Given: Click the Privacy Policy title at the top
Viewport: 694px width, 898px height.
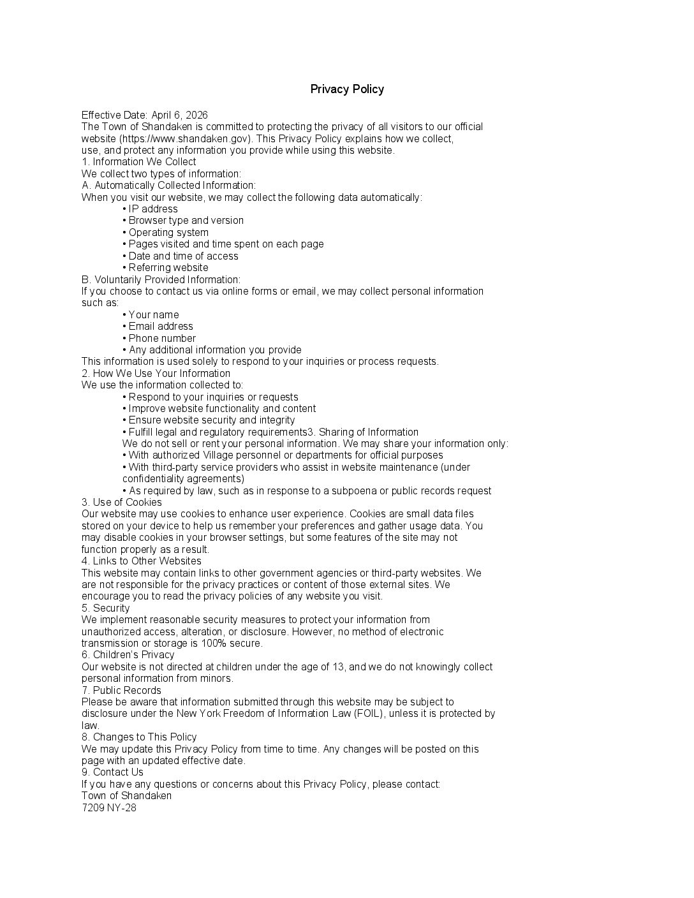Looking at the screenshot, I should tap(347, 89).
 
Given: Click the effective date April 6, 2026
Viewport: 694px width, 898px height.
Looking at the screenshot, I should tap(179, 115).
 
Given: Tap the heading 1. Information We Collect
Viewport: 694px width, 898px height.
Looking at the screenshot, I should tap(138, 162).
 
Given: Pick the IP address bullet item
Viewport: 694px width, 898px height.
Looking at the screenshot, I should tap(153, 209).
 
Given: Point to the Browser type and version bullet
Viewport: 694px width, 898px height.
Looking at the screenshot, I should tap(186, 221).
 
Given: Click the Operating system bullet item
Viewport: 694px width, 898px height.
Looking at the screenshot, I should tap(168, 233).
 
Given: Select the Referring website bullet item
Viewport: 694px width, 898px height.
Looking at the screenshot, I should tap(168, 268).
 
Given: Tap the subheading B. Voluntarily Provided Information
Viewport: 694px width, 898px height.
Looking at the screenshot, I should tap(161, 280).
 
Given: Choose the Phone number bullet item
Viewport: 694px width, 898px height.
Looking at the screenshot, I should tap(162, 339).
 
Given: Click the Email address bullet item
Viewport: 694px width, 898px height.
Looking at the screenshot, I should tap(161, 327).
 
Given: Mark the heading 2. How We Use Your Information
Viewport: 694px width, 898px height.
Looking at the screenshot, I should tap(156, 374).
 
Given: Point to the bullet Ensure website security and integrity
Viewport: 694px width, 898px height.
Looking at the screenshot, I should tap(212, 420).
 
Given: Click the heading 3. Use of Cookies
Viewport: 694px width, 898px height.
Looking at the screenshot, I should tap(121, 503).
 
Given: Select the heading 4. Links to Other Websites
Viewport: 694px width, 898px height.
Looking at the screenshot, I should tap(141, 561).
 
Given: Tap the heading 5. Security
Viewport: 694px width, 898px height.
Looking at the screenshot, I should tap(105, 608).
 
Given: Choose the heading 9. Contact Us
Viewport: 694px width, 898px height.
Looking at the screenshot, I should tap(112, 772).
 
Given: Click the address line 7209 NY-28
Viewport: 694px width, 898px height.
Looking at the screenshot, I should tap(109, 808).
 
